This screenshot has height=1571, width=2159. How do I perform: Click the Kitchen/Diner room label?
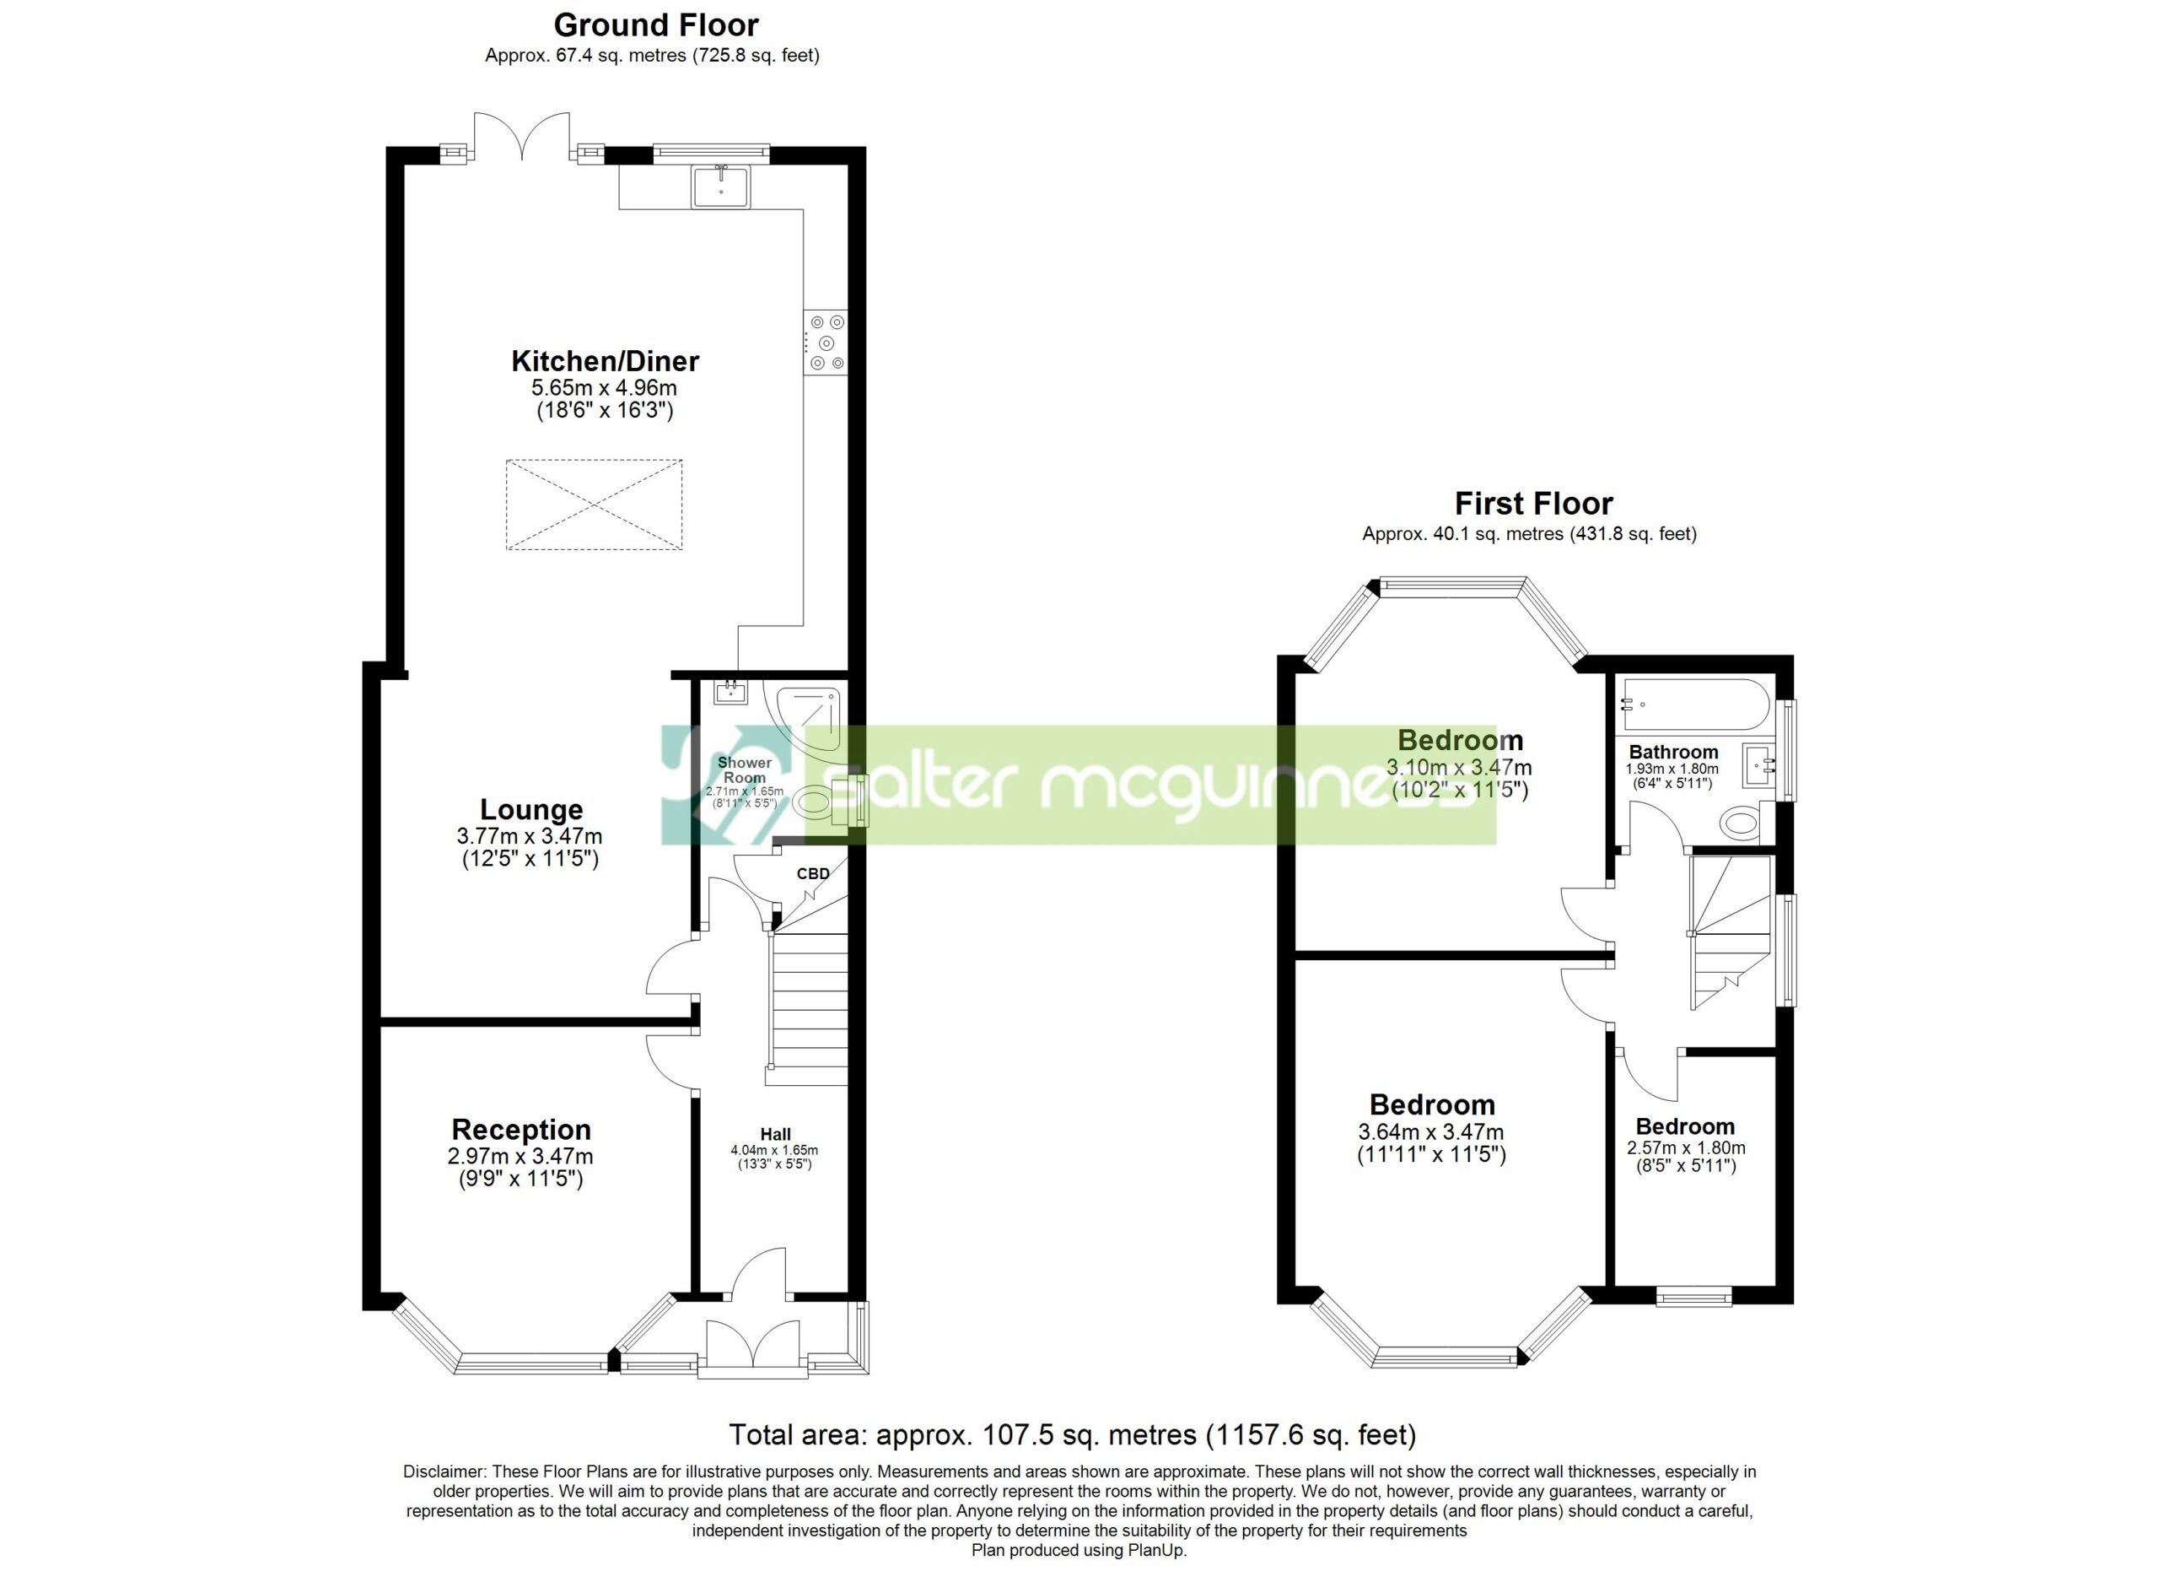coord(605,361)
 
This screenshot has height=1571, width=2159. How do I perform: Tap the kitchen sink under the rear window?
coord(720,186)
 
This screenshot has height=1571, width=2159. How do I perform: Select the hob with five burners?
coord(824,343)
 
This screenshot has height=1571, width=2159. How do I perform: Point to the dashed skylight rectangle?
coord(594,505)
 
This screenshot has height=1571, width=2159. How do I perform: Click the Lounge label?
coord(531,809)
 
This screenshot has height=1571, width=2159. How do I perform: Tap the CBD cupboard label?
coord(813,873)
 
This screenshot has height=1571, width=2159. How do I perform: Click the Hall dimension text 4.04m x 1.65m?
coord(774,1149)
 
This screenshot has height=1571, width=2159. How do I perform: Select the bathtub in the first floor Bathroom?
coord(1696,705)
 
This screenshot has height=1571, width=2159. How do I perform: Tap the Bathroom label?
coord(1673,753)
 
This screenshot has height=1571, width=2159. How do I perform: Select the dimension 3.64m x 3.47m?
coord(1431,1132)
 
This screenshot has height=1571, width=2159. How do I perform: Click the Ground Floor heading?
coord(656,24)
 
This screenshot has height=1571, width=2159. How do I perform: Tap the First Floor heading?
coord(1533,503)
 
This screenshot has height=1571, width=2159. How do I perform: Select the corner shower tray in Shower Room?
coord(808,721)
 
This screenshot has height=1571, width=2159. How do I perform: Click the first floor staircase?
coord(1731,932)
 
